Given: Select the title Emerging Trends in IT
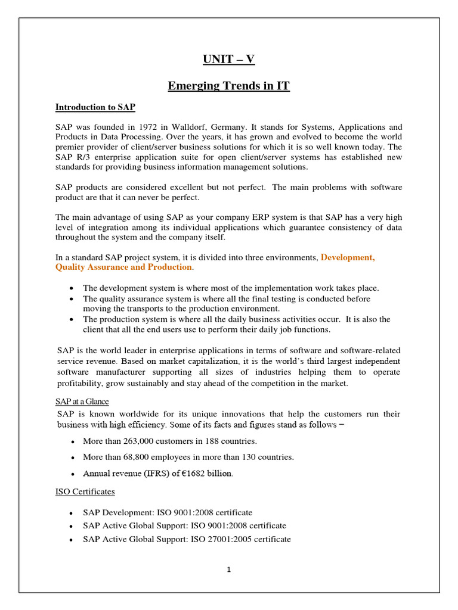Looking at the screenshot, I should pos(228,86).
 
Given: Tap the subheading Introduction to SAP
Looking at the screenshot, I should pos(95,107).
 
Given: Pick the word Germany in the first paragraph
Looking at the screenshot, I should pos(239,127).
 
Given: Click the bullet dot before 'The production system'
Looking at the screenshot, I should pos(72,319).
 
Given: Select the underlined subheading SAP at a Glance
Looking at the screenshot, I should pos(83,402).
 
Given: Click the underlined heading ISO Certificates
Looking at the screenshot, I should pos(85,492).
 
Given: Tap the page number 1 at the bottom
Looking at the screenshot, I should pos(228,569).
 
